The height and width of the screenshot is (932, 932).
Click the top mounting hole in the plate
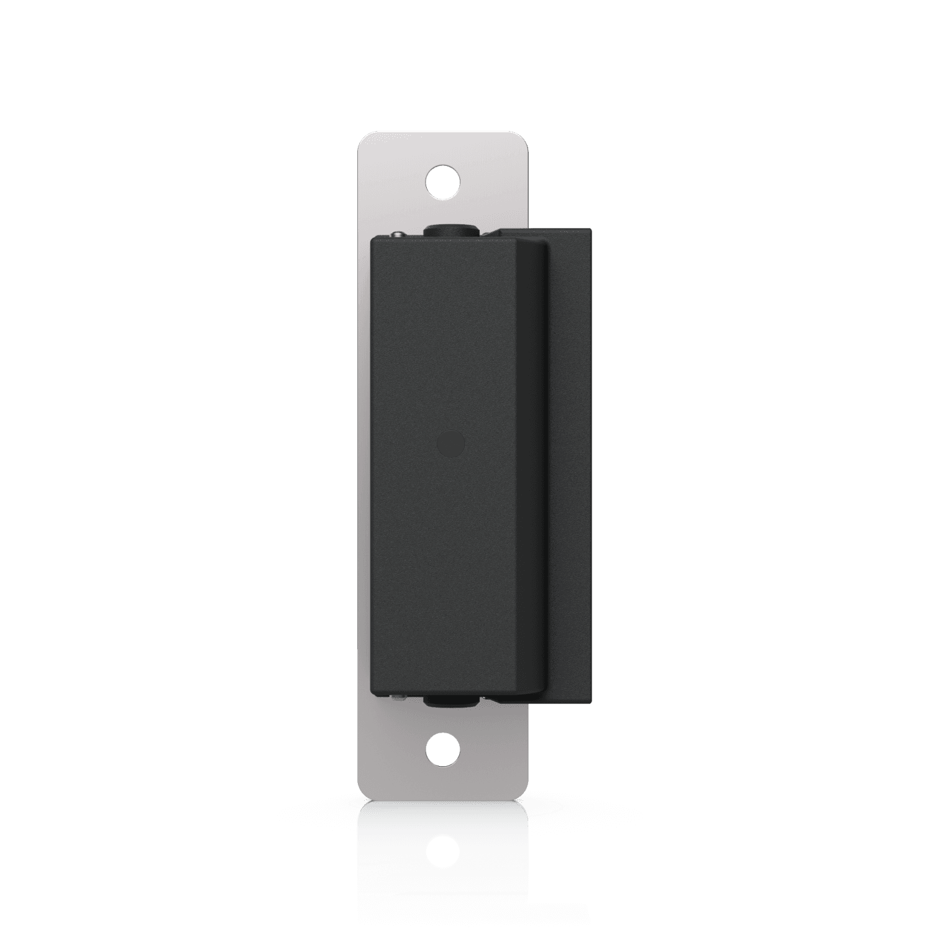[x=444, y=182]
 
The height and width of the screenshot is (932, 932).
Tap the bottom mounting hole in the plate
[x=444, y=751]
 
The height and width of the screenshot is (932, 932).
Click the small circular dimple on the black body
[x=451, y=445]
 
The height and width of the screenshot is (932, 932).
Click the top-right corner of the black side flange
[x=590, y=231]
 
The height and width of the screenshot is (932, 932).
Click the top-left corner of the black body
[x=373, y=239]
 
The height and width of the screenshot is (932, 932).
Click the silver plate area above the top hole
[x=444, y=149]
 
